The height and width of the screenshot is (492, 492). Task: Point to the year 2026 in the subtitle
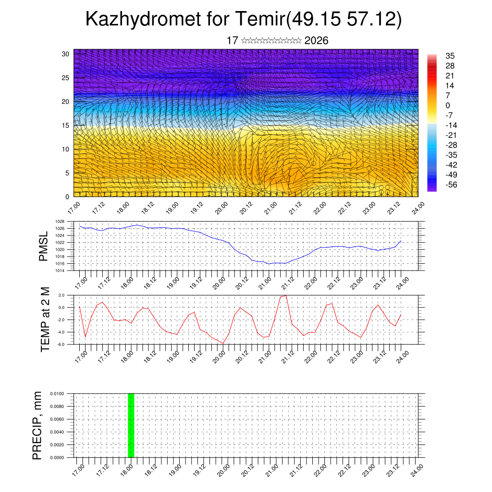(x=316, y=41)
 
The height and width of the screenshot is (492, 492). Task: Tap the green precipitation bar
(x=131, y=425)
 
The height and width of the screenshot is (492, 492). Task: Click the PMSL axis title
(x=43, y=246)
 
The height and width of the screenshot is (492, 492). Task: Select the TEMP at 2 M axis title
(x=45, y=319)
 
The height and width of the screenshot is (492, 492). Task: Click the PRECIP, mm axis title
(x=37, y=425)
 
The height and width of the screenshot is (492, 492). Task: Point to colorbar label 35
(x=450, y=56)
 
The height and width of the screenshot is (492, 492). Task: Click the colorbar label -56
(x=452, y=184)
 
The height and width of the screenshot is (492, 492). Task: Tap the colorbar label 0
(x=448, y=105)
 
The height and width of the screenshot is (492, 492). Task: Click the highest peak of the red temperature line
(x=286, y=295)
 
